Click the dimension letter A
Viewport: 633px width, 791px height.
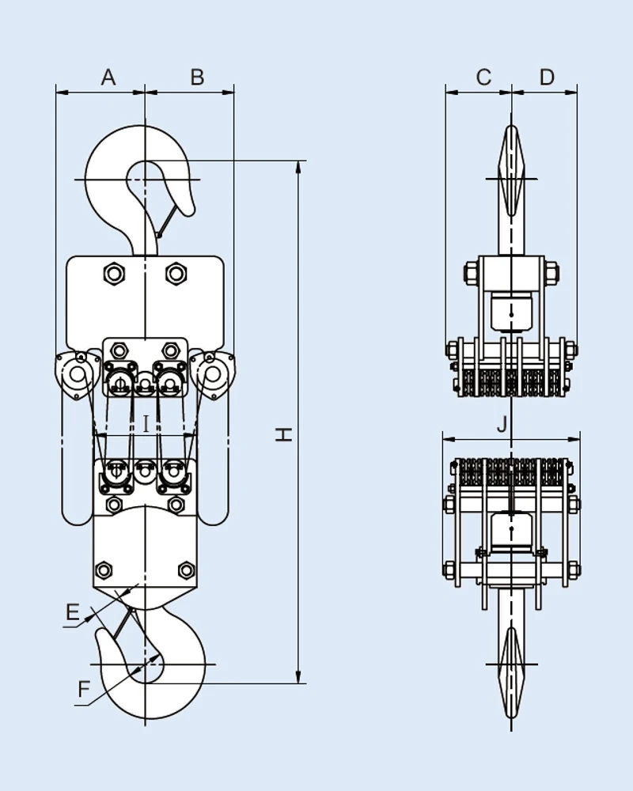(x=108, y=77)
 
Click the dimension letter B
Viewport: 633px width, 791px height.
(x=198, y=77)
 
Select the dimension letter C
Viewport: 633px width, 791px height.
(x=483, y=77)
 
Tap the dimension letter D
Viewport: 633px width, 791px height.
(x=547, y=77)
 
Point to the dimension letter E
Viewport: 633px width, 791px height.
(x=72, y=612)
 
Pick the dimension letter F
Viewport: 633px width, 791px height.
(x=84, y=689)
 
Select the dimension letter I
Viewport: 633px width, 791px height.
(x=146, y=424)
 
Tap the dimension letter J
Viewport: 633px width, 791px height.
(x=502, y=424)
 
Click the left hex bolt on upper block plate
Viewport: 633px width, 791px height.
(x=113, y=274)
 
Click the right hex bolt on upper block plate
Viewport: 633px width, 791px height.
(x=176, y=274)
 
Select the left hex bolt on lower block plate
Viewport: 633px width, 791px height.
(x=103, y=570)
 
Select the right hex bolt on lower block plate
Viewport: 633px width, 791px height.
(x=186, y=570)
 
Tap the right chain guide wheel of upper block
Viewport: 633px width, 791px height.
(x=211, y=373)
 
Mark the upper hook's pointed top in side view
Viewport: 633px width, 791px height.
(x=512, y=127)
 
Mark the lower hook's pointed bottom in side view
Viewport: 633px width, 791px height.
(x=512, y=718)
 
